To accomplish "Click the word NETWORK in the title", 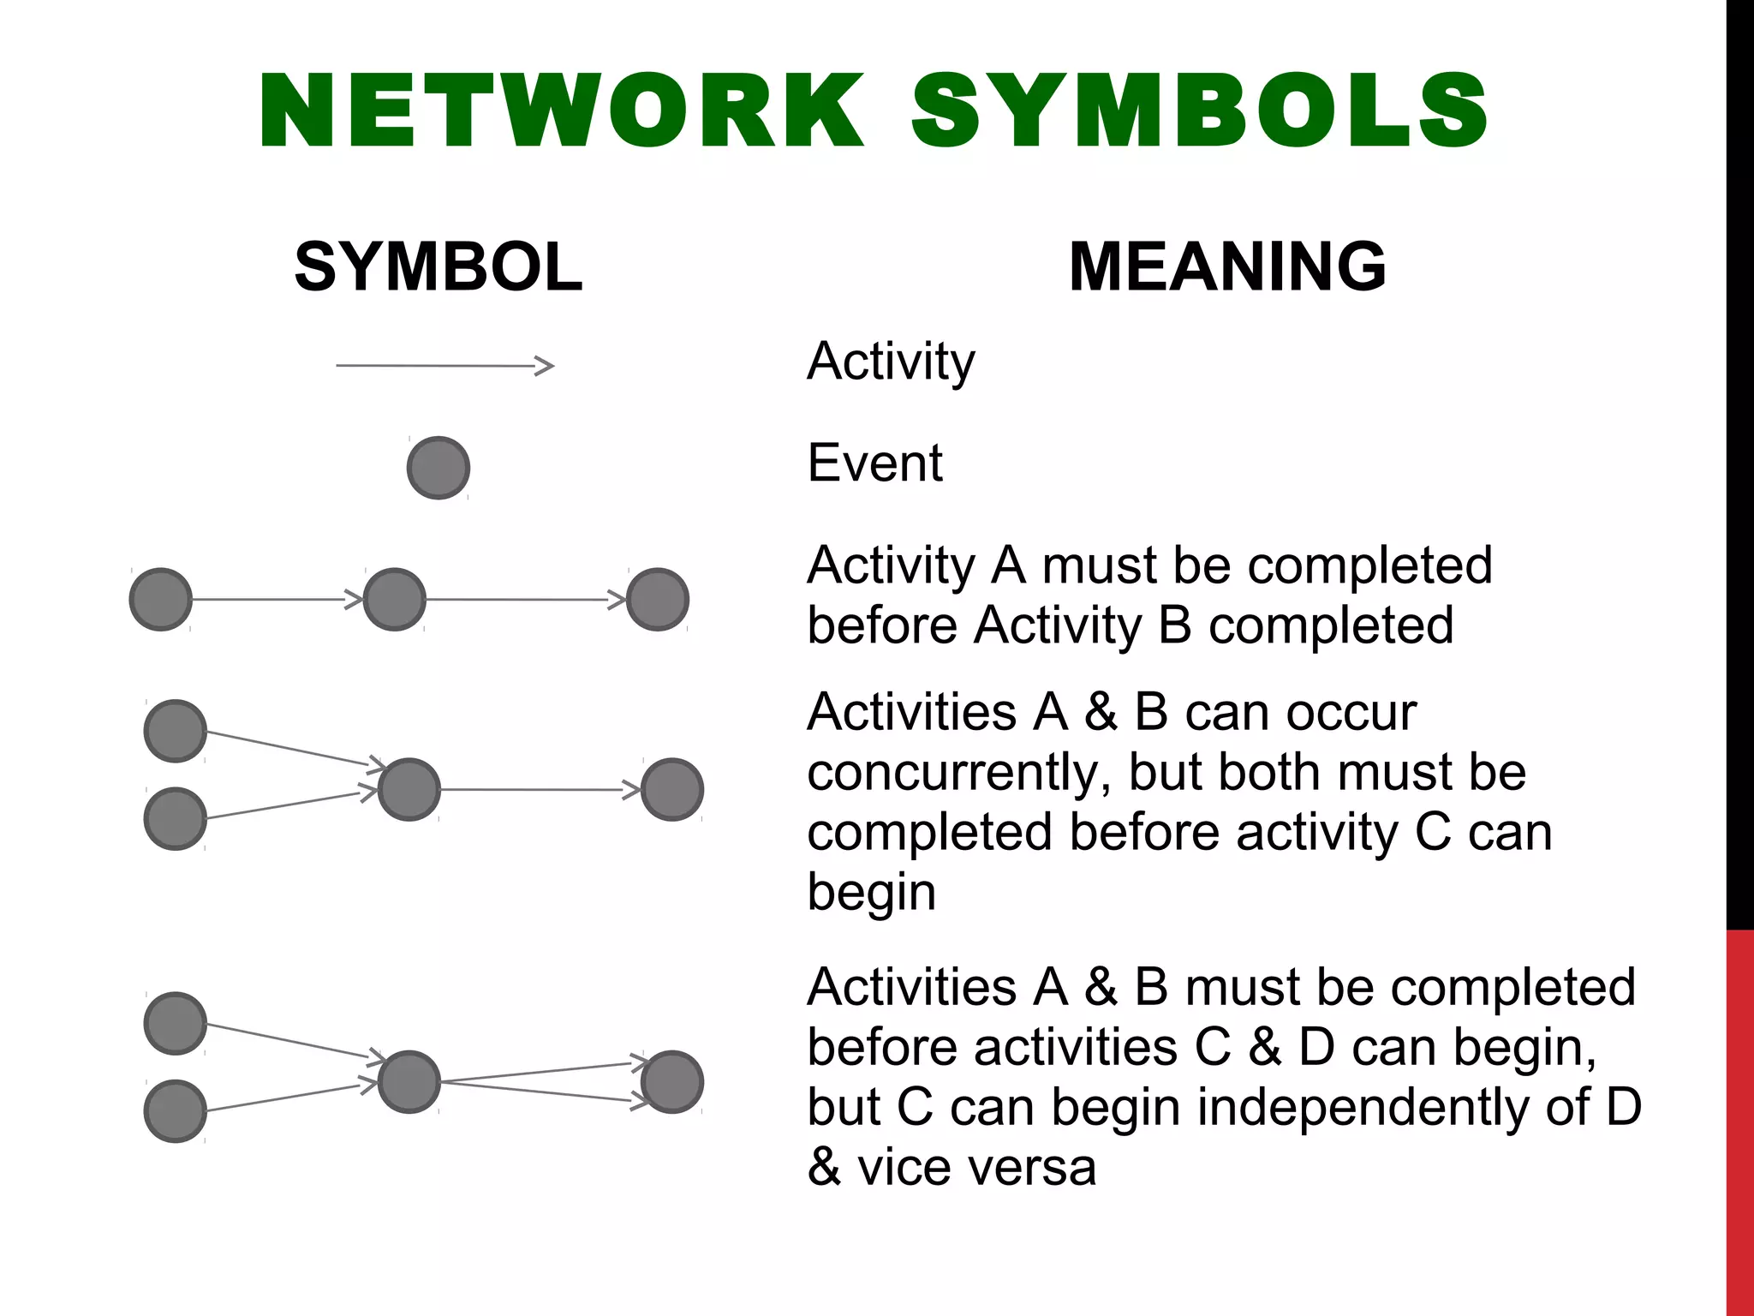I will tap(561, 111).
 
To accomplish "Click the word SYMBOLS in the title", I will tap(1199, 111).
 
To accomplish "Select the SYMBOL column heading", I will tap(438, 266).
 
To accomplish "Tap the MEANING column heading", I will tap(1227, 266).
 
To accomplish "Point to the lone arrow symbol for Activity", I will tap(444, 366).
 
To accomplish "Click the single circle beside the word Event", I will tap(438, 468).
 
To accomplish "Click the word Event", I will tap(874, 464).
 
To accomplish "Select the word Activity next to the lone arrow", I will tap(891, 362).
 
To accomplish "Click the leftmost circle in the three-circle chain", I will tap(161, 599).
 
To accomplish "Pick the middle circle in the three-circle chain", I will tap(395, 599).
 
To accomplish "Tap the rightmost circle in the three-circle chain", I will tap(658, 599).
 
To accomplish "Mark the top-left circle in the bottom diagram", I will tap(176, 1023).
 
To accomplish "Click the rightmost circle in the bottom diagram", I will tap(672, 1081).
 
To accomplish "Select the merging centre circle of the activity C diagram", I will tap(409, 789).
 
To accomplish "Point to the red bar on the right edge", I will tap(1739, 1122).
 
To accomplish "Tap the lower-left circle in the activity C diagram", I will tap(176, 818).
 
